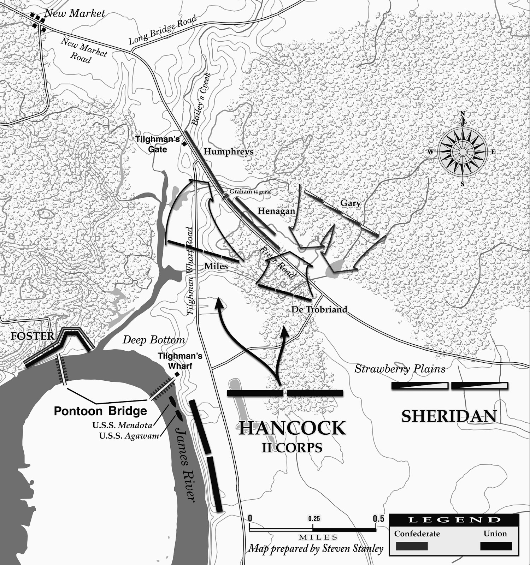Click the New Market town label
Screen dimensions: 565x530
[75, 13]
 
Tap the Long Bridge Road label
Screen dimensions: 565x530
[162, 30]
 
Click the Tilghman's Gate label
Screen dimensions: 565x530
[158, 144]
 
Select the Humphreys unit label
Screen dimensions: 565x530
[229, 151]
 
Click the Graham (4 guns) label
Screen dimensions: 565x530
[250, 191]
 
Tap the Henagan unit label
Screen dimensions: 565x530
[276, 211]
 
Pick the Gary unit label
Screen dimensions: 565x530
[350, 203]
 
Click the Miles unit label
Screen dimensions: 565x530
[216, 266]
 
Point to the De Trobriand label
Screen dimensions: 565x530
[319, 309]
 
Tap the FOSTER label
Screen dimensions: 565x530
[33, 336]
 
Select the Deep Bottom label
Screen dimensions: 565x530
[154, 340]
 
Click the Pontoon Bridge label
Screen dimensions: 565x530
[100, 411]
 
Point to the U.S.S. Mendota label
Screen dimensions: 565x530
[122, 425]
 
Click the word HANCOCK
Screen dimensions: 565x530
[292, 428]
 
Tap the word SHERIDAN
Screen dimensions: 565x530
[449, 416]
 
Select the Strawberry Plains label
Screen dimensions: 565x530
[400, 369]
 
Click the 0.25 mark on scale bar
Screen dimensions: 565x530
[314, 519]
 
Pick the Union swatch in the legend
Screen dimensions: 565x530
[496, 546]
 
